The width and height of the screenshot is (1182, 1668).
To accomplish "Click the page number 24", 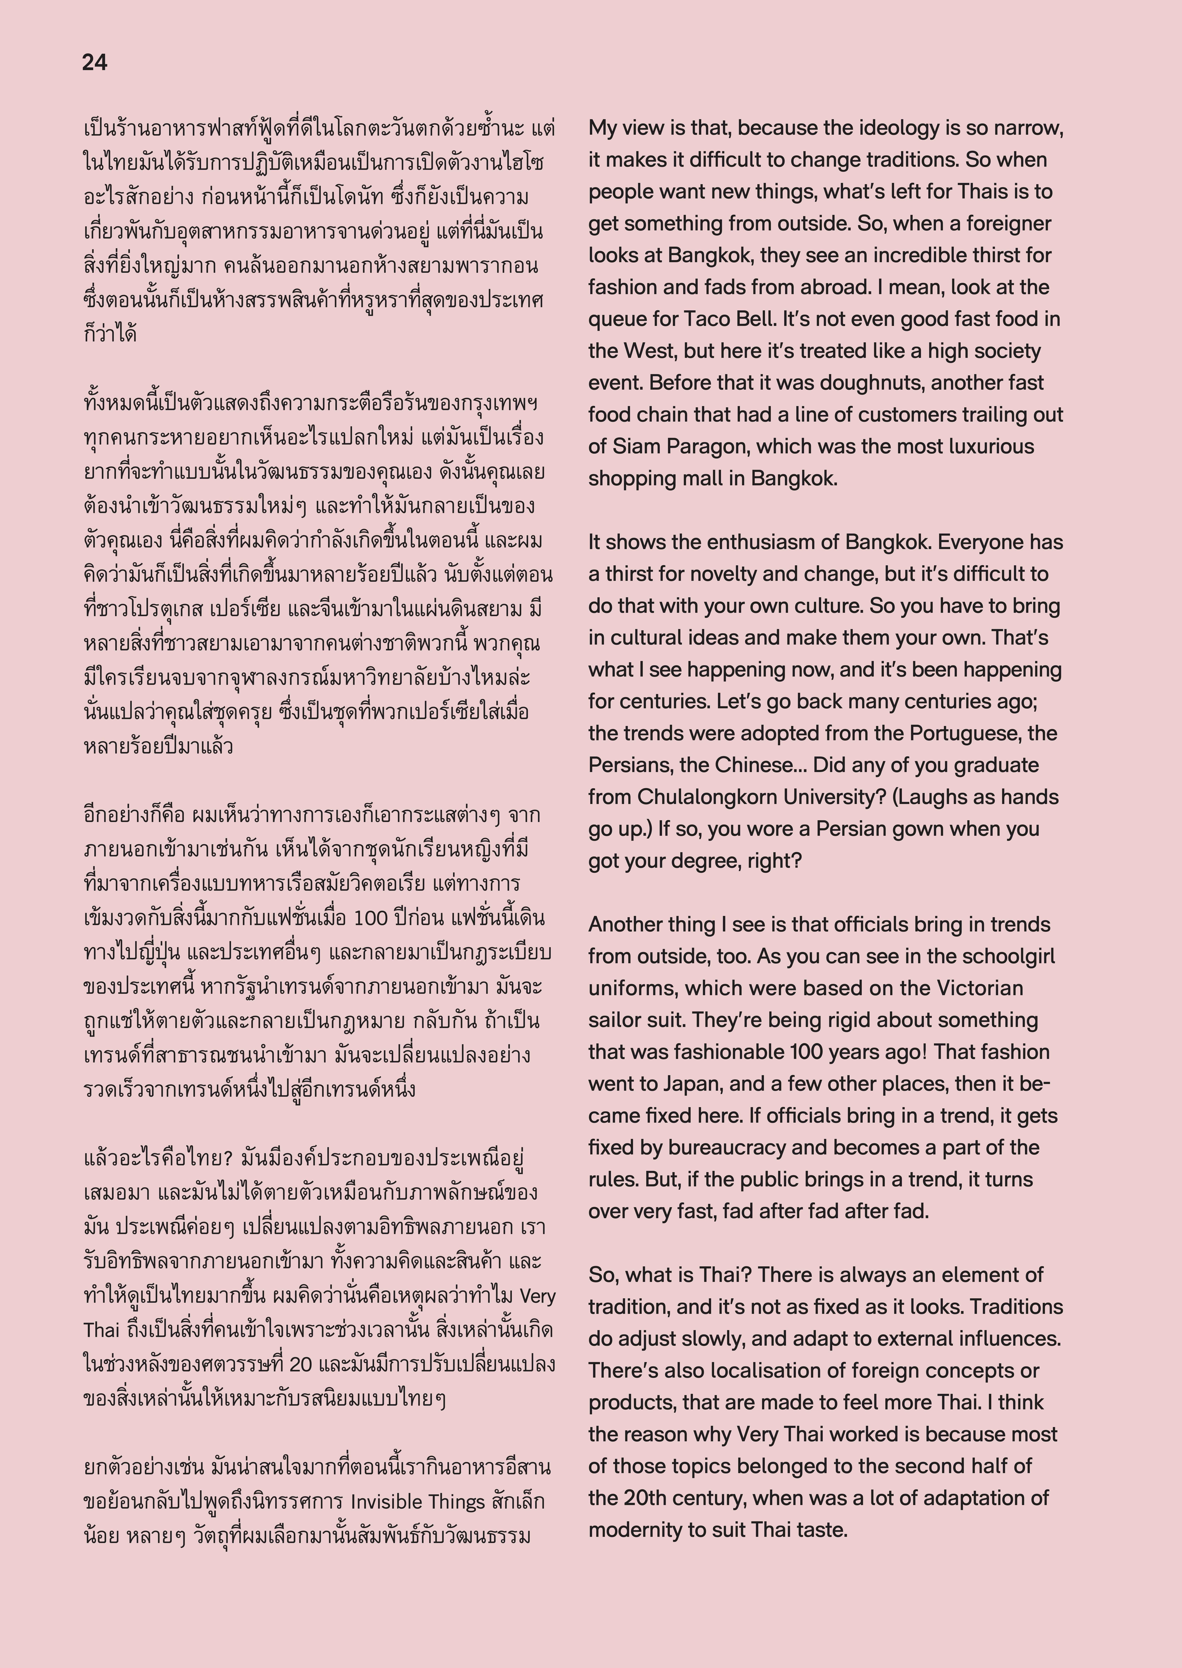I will (x=95, y=63).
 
